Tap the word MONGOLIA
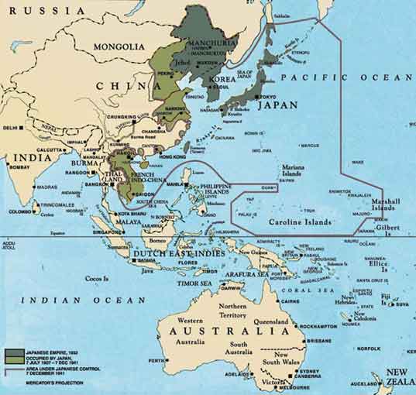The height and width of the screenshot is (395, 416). (119, 46)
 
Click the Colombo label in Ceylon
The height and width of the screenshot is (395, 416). (21, 211)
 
